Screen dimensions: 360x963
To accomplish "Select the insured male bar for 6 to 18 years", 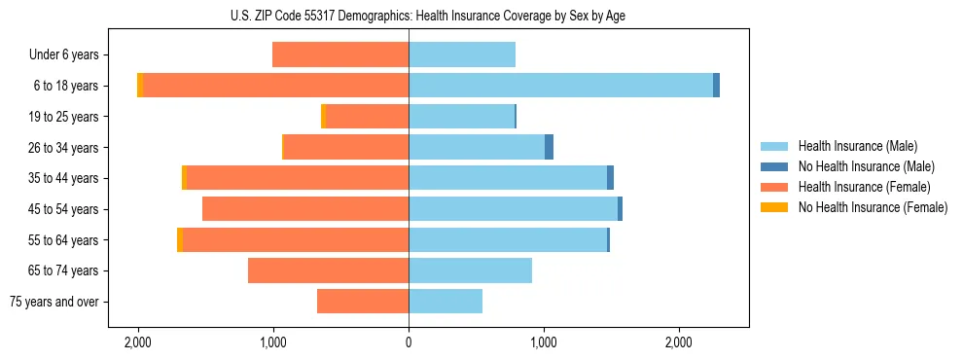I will [x=560, y=86].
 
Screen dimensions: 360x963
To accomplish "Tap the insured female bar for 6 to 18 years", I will [x=275, y=86].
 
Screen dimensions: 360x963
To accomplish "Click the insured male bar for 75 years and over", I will [x=446, y=302].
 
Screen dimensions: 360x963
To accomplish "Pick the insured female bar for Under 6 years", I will [x=340, y=54].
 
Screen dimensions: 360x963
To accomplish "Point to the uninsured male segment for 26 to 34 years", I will [x=549, y=147].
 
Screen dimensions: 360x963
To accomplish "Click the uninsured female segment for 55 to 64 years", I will [x=180, y=239].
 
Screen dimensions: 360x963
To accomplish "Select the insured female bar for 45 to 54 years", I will [x=305, y=209].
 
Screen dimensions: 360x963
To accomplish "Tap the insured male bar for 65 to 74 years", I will [x=470, y=270].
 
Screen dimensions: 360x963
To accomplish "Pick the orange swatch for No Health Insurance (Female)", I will [x=774, y=207].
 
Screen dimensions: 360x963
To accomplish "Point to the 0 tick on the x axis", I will [x=409, y=342].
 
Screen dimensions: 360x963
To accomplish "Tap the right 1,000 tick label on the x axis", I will [x=544, y=342].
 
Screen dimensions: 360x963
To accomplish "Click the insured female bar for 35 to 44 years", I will [x=297, y=178].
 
